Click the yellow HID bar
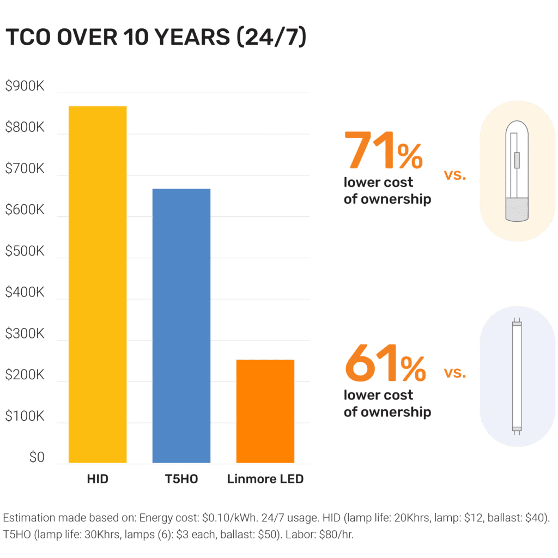[x=98, y=284]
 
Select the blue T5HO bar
[x=181, y=326]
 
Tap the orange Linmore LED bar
[x=265, y=411]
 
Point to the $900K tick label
[x=25, y=87]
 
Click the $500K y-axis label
[x=25, y=252]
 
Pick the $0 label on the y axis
[x=37, y=458]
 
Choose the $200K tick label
[x=25, y=375]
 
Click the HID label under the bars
[x=98, y=480]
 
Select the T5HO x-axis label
[x=181, y=480]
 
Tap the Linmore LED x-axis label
[x=265, y=480]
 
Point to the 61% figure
[x=385, y=364]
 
